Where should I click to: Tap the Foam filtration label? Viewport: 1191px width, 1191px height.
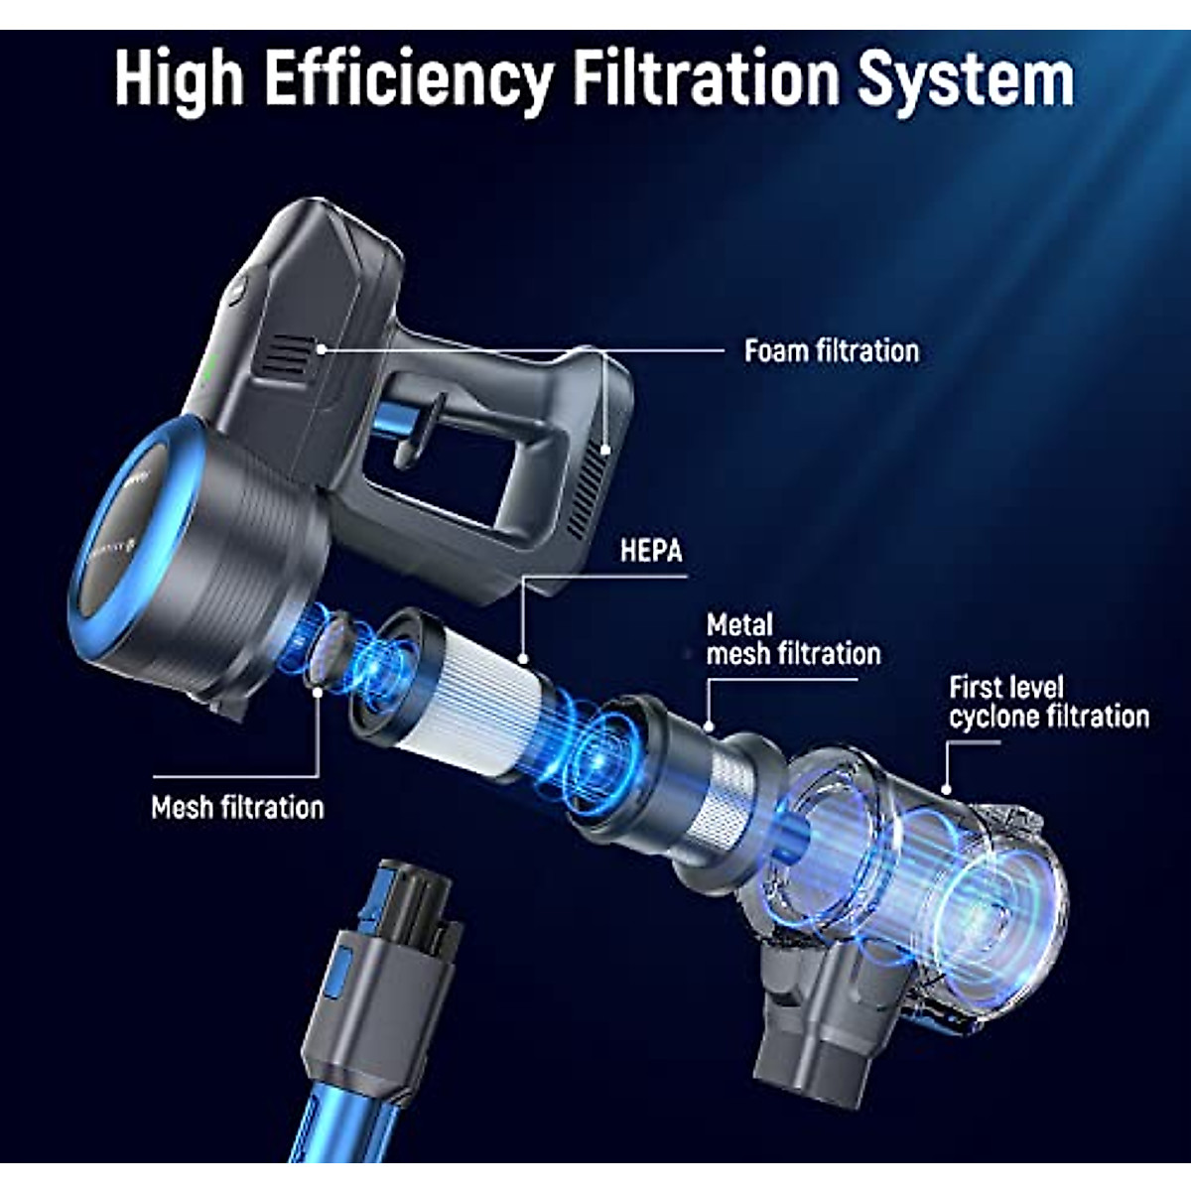pos(832,350)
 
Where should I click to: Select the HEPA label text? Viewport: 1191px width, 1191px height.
pos(651,551)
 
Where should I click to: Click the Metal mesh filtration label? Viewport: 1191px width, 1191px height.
pos(792,639)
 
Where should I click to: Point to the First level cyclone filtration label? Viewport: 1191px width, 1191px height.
pos(1048,702)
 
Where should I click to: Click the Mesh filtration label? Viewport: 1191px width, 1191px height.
pos(237,807)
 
